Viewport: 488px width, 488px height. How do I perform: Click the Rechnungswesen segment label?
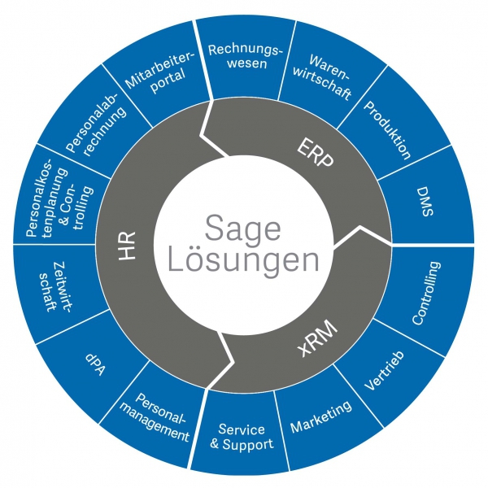(246, 56)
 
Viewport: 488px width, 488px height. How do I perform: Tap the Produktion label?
(387, 130)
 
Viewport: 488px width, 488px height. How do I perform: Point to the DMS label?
(425, 201)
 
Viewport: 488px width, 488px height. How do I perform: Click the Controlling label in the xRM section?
(427, 293)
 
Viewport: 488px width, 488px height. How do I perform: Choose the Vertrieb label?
(385, 370)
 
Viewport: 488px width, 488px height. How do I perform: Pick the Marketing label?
(321, 416)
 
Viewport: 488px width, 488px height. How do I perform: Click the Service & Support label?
(242, 437)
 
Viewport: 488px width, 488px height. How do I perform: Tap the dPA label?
(95, 364)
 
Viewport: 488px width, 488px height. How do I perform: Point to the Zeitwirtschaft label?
(55, 287)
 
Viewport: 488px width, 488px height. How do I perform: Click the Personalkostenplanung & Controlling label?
(59, 198)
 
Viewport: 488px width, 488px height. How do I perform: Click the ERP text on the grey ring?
(315, 153)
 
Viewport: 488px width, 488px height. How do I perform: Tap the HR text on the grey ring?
(127, 246)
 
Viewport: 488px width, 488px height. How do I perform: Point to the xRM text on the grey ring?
(318, 338)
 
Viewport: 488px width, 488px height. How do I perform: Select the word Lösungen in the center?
(243, 259)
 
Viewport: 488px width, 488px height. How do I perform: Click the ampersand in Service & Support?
(215, 444)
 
